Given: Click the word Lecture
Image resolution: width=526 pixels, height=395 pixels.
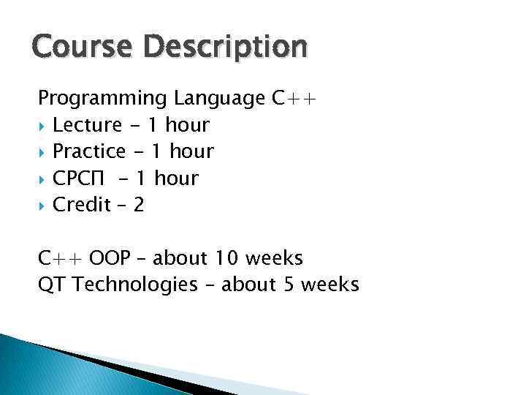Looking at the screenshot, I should tap(88, 125).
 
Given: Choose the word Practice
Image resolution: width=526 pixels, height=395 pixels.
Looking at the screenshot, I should tap(90, 151).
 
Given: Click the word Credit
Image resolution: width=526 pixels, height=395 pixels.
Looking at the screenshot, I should tap(82, 204).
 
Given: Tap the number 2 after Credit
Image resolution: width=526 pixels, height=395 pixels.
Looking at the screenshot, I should tap(139, 205).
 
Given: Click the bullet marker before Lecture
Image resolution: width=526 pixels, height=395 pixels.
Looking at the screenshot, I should tap(42, 126).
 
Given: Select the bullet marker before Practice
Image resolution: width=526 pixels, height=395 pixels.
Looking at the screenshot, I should tap(42, 152).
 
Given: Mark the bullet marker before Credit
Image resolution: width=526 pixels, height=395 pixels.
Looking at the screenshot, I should tap(42, 205).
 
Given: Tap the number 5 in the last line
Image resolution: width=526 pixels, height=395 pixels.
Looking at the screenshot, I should tap(287, 285).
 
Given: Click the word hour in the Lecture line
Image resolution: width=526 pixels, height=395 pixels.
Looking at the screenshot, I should tap(187, 125).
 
